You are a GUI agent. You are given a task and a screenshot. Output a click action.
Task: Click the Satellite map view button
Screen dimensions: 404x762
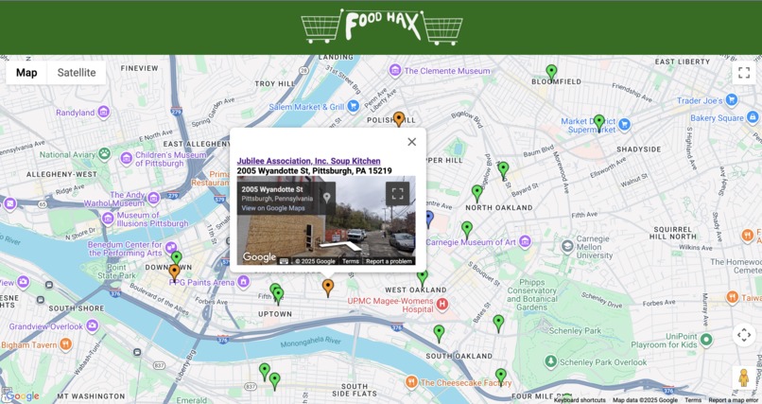(76, 73)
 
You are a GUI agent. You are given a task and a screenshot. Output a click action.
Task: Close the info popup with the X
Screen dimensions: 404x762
(411, 142)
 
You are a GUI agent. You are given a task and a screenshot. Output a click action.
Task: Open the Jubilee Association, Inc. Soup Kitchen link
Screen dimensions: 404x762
(308, 161)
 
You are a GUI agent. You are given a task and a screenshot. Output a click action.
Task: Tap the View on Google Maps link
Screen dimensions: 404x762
(273, 208)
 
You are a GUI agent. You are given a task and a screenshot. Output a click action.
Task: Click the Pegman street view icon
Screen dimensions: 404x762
(743, 377)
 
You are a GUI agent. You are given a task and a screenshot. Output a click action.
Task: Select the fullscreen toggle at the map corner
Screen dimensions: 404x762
(743, 73)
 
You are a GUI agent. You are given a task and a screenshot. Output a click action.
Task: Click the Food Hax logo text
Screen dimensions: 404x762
(382, 25)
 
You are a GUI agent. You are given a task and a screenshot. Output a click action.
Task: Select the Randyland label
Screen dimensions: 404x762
(76, 113)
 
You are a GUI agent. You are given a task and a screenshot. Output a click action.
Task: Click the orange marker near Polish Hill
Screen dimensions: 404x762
(399, 118)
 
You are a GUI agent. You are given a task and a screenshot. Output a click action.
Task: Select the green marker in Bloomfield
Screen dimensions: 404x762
(551, 71)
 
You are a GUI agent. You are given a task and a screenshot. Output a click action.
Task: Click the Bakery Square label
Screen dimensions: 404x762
(717, 118)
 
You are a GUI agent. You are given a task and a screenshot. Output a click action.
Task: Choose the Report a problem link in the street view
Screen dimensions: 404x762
(389, 261)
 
